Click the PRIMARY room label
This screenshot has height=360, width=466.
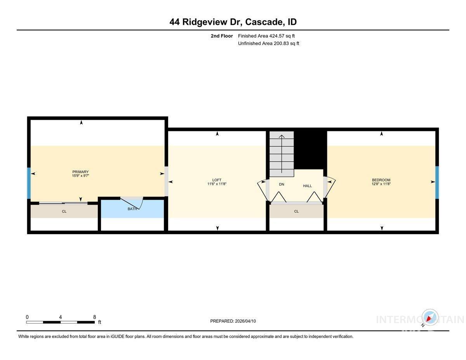[80, 172]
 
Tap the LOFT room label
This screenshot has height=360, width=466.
[217, 180]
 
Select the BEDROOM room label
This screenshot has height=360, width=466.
[381, 180]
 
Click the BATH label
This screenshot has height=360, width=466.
[132, 209]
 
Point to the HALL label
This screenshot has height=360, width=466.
[307, 186]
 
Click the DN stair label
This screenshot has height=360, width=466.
[282, 184]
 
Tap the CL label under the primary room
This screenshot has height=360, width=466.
[64, 211]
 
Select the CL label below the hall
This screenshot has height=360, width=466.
[296, 211]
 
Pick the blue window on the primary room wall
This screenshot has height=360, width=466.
[29, 183]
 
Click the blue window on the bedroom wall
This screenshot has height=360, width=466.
[437, 182]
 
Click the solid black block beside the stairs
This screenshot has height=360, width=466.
[310, 150]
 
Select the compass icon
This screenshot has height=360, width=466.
[429, 318]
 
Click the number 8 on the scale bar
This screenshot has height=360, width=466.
[94, 317]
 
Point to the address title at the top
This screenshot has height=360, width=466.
[233, 22]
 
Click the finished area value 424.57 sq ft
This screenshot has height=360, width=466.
[282, 36]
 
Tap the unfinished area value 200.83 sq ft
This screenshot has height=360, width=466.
[286, 43]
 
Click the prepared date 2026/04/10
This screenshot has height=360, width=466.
[245, 321]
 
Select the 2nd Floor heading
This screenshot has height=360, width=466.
[222, 36]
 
